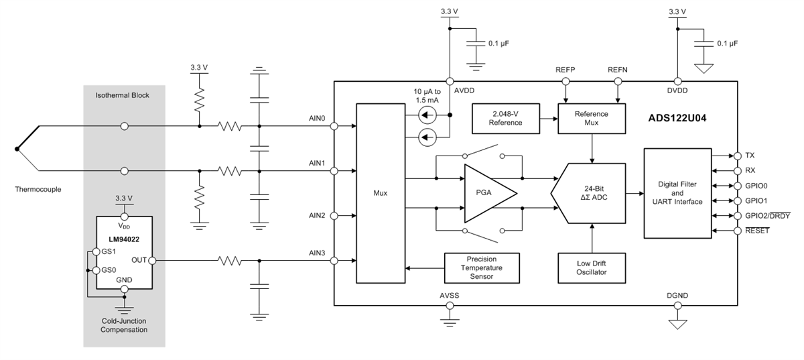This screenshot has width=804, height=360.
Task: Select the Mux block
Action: [380, 193]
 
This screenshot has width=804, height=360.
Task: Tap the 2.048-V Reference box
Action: [506, 118]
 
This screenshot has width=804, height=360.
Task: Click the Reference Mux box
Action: [592, 118]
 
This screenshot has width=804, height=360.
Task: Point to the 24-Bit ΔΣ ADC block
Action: [590, 193]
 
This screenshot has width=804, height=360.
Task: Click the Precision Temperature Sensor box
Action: [482, 267]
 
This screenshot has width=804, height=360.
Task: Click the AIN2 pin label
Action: [317, 215]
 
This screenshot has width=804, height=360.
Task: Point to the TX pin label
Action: [749, 155]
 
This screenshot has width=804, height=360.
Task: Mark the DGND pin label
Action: [677, 296]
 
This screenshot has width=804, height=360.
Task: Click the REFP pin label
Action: [565, 70]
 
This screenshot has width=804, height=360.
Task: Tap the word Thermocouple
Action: [38, 189]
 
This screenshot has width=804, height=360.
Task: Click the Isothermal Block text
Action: [123, 95]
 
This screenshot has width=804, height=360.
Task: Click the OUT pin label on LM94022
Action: [139, 260]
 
